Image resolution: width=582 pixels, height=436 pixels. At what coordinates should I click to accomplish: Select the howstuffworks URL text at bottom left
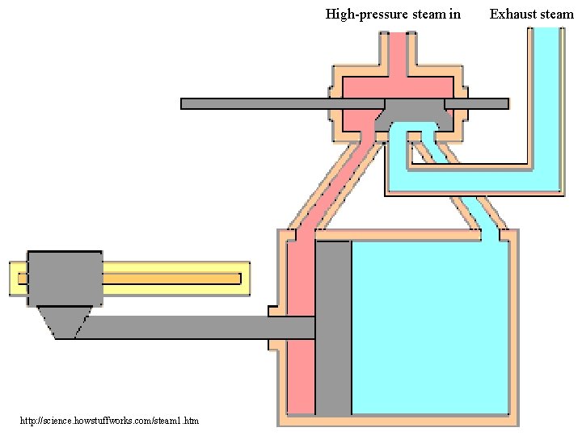[109, 421]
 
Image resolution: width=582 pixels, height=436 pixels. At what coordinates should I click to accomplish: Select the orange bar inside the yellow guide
[170, 279]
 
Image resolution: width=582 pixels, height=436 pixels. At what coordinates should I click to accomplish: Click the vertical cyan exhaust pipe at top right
[546, 89]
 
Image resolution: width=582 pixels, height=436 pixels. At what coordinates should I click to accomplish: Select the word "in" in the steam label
[454, 14]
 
